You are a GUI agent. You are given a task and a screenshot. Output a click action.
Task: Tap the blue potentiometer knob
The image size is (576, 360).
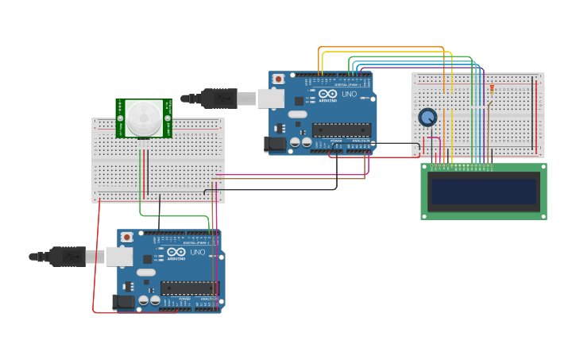click(x=427, y=118)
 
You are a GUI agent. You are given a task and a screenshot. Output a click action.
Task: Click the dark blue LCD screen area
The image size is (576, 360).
click(x=484, y=192)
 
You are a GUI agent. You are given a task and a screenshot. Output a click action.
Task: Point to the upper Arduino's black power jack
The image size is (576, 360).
click(x=275, y=145)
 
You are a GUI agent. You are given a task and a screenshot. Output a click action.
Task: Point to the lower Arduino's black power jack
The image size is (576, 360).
click(x=123, y=302)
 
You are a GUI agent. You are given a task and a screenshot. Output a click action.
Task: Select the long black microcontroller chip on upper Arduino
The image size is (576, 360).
click(x=341, y=130)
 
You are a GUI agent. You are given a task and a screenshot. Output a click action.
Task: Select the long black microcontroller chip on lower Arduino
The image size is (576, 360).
click(x=189, y=288)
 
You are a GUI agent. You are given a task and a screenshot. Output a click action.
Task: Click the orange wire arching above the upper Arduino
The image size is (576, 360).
click(x=381, y=48)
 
